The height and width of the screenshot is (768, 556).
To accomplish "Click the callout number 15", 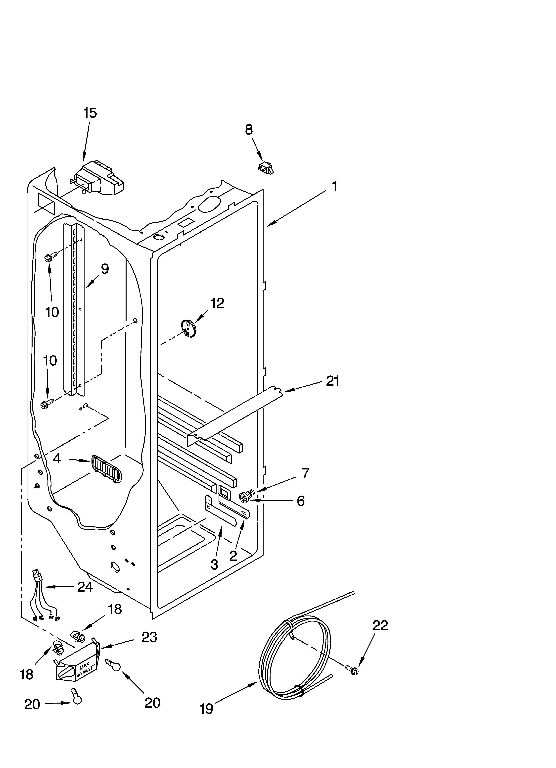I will (x=90, y=113).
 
